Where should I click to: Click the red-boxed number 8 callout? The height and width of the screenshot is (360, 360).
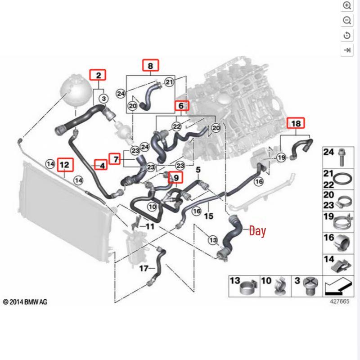150,65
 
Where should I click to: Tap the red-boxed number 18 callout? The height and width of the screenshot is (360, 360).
296,123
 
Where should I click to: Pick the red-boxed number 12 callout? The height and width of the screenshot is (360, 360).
65,164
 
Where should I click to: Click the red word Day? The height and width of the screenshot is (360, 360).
257,230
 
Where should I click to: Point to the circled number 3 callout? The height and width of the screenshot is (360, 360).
104,99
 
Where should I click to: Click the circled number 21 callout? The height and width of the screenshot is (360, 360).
170,82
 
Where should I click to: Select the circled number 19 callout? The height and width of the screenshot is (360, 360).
282,158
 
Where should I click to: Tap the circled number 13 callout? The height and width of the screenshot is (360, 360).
213,240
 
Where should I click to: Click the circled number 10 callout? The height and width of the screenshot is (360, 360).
152,207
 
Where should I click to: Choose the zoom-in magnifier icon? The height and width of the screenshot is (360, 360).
346,5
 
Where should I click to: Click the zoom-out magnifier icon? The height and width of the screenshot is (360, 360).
346,20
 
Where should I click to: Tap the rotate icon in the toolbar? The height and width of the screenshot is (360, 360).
346,35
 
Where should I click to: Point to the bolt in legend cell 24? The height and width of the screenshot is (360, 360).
342,157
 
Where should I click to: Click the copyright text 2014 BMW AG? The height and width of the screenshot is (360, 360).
25,301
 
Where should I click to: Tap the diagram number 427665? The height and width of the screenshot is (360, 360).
340,301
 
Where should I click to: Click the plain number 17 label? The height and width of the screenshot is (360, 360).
144,268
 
